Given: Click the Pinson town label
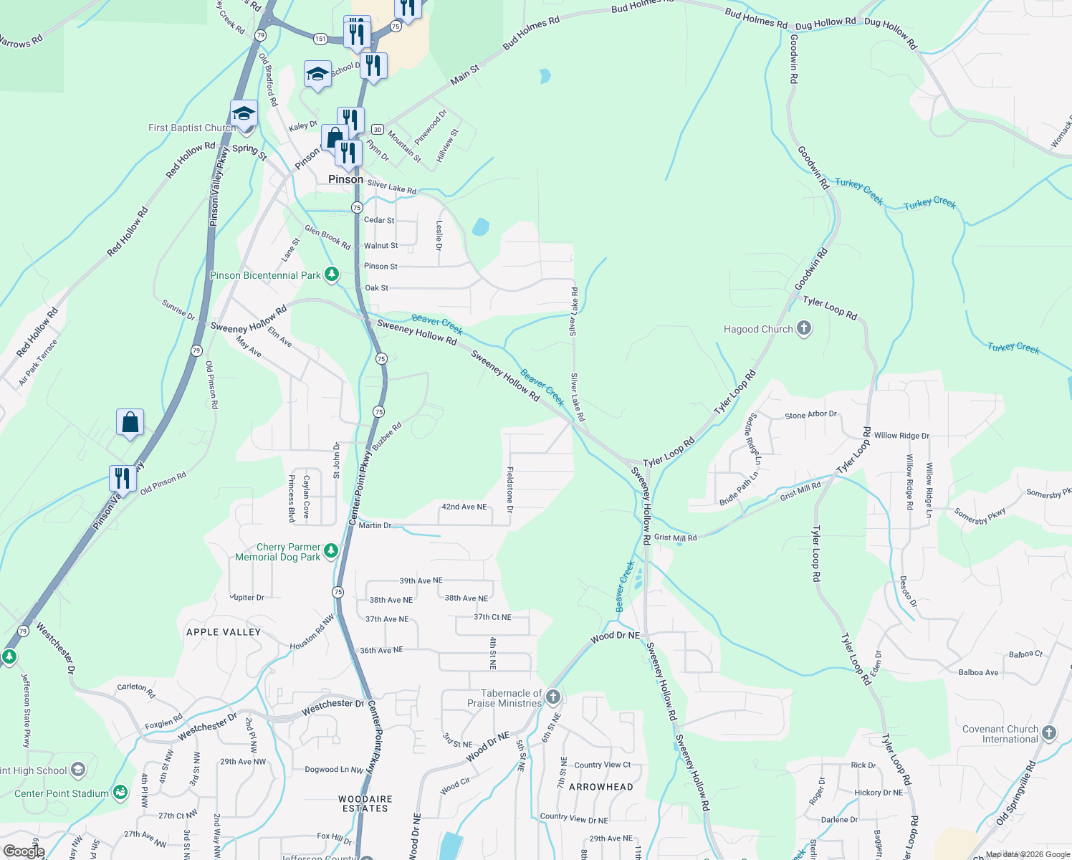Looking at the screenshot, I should click(x=345, y=179).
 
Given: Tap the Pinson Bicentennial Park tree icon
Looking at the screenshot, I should click(x=331, y=274).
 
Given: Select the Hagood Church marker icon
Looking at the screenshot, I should click(x=804, y=329).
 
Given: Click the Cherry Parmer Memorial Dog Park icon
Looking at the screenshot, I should click(x=330, y=550).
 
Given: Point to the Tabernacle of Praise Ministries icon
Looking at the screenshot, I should click(x=552, y=697).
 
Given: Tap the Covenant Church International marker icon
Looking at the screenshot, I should click(x=1049, y=732).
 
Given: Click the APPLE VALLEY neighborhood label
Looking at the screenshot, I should click(x=224, y=632).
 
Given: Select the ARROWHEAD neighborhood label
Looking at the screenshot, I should click(x=601, y=787).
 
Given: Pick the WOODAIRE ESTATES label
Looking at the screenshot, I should click(x=365, y=803).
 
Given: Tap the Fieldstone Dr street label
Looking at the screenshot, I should click(x=510, y=489).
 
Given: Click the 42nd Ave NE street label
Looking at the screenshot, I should click(x=464, y=507).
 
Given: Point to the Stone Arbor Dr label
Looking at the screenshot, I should click(x=810, y=415).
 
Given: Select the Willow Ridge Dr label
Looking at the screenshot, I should click(x=901, y=436).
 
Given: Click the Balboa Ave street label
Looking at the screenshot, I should click(x=978, y=672).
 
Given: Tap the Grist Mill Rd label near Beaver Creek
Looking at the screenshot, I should click(x=675, y=537).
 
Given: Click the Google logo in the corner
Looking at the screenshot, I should click(x=24, y=851).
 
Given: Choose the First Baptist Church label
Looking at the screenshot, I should click(x=191, y=128).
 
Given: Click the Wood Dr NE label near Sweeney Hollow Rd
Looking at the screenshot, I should click(x=615, y=636).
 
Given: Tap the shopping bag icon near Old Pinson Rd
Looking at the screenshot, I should click(x=130, y=422).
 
